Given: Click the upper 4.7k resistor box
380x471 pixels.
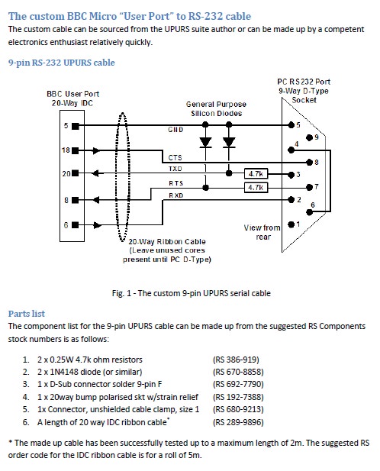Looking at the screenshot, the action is point(256,173).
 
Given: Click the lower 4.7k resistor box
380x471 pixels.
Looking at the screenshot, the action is point(256,188).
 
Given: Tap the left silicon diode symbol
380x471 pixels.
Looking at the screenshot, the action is point(205,143).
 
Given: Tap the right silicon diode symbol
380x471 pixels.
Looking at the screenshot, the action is point(229,143).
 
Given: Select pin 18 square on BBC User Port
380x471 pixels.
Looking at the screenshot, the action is point(76,150).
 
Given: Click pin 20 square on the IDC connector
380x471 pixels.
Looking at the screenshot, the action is point(76,173).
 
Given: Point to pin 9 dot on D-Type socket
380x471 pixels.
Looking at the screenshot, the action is point(309,137).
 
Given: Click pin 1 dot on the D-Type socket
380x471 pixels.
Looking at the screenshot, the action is point(291,224).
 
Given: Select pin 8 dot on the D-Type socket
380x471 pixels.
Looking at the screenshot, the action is point(309,163).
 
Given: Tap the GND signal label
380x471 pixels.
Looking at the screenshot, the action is point(176,130).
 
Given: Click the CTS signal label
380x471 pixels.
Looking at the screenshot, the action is point(175,158).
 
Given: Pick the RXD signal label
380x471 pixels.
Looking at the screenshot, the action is point(176,195).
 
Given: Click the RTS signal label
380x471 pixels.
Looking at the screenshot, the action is point(176,183).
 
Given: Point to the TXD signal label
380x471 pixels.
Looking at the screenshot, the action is point(176,169).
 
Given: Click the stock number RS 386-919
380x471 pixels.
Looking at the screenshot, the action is point(236,360).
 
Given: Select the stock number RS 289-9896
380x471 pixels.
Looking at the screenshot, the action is point(238,422).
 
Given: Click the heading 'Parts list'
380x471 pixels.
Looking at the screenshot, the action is point(27,314).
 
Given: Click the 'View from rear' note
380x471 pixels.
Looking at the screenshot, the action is point(262,232).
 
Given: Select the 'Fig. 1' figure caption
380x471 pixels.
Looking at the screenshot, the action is point(192,293).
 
